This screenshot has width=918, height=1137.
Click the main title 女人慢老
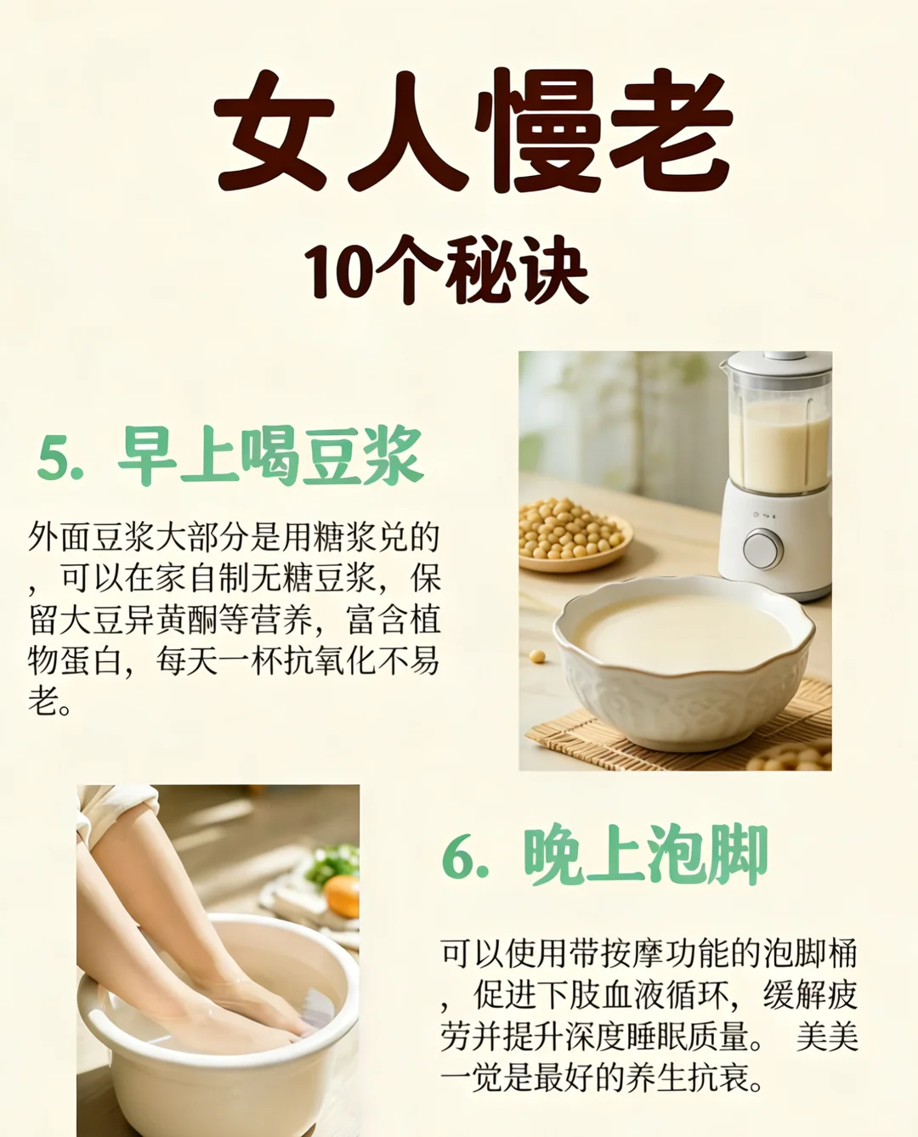(473, 131)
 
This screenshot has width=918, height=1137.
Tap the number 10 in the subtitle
(338, 270)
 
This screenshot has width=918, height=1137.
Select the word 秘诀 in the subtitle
(517, 270)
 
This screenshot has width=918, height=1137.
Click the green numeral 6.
(458, 858)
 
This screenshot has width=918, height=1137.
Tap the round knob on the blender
(763, 548)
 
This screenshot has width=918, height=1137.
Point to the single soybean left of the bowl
(537, 656)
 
